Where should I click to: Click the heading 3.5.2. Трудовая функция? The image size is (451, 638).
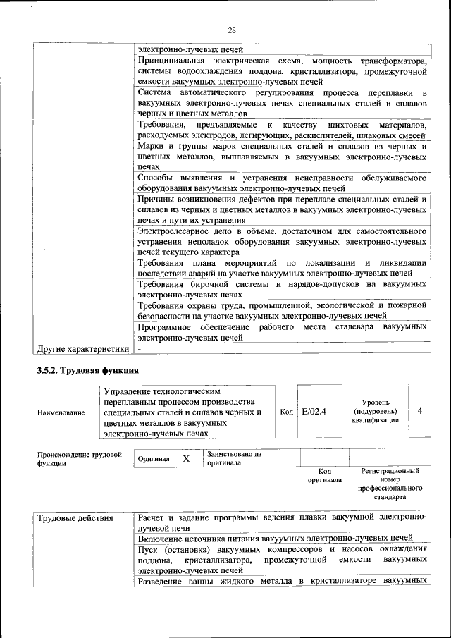[x=87, y=370]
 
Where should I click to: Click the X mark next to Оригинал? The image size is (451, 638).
[x=186, y=459]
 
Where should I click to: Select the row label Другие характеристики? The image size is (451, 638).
[x=83, y=348]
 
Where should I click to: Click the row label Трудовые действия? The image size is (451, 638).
[x=75, y=519]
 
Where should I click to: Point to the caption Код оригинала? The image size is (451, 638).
[x=324, y=475]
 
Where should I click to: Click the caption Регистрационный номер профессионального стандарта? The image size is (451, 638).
[x=390, y=483]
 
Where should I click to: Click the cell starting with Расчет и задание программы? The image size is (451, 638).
[x=282, y=522]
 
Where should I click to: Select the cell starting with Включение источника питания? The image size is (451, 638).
[x=275, y=538]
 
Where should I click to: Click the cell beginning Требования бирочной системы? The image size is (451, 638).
[x=282, y=289]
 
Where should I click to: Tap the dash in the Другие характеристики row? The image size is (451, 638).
[x=140, y=348]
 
